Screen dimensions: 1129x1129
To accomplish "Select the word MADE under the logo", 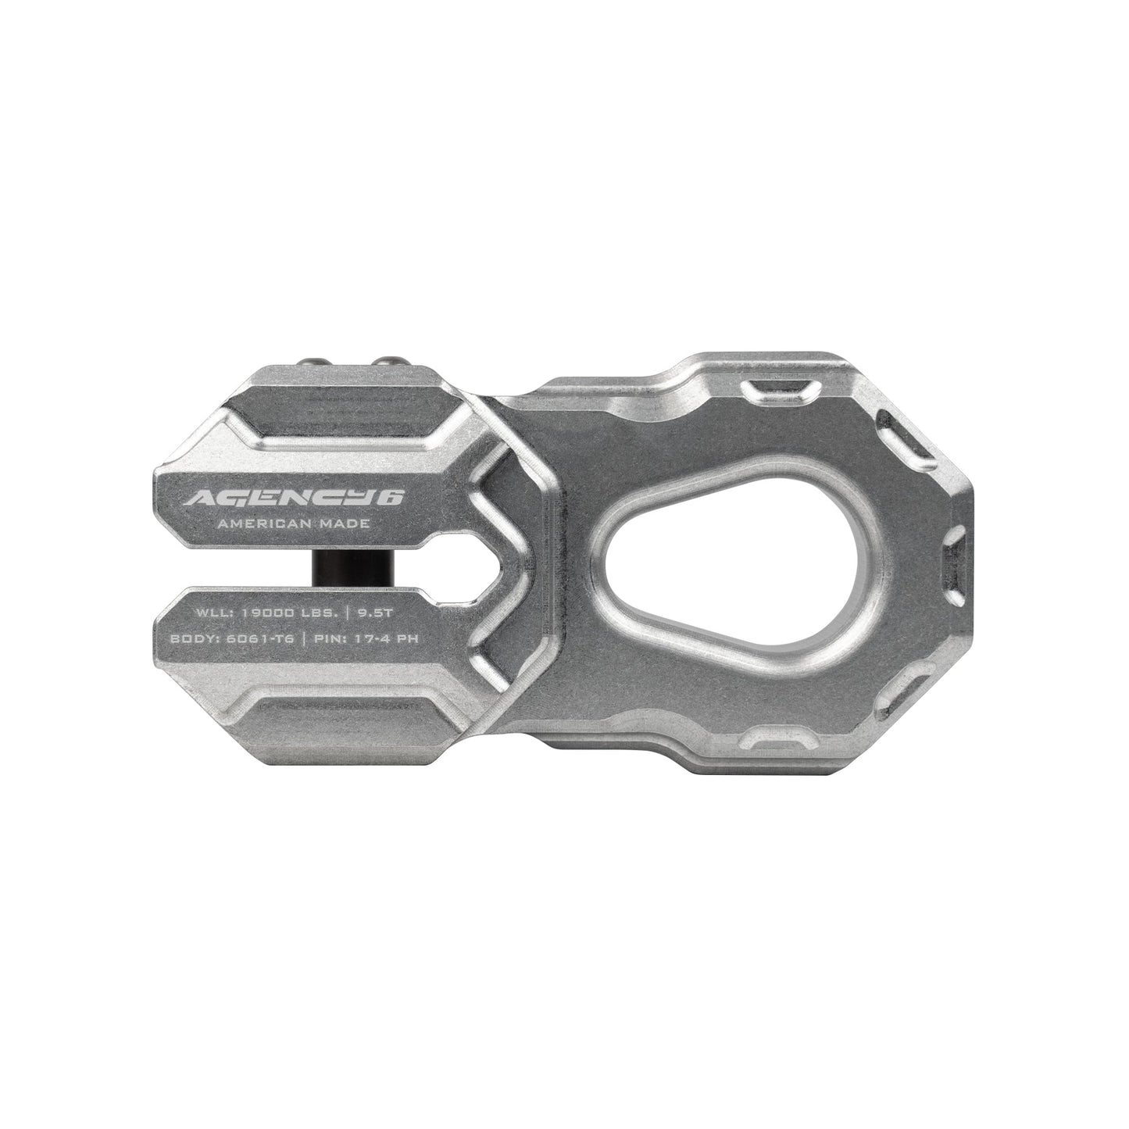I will coord(342,524).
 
